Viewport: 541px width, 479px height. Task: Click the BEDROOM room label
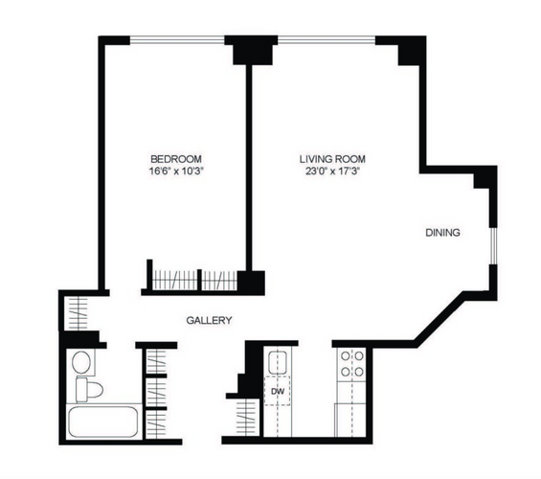pos(176,159)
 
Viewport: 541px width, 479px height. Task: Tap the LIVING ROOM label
pos(332,159)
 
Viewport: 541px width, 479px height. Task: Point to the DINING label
pos(442,233)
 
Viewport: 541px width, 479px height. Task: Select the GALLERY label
pos(209,321)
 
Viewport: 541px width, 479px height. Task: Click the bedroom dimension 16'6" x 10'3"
pos(176,171)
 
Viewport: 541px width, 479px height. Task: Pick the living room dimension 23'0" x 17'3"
pos(332,171)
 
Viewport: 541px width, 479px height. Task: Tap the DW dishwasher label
pos(278,392)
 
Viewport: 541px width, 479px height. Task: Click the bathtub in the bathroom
pos(103,422)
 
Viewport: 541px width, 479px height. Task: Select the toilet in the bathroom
pos(89,390)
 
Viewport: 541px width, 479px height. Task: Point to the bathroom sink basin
pos(81,362)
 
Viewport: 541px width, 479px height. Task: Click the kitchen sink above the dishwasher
pos(278,362)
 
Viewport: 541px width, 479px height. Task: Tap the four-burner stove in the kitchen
pos(352,364)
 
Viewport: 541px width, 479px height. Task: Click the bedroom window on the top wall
pos(177,40)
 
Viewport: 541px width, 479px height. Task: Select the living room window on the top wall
pos(327,40)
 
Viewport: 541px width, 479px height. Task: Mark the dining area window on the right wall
pos(493,245)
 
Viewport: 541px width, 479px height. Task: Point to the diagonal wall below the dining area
pos(440,319)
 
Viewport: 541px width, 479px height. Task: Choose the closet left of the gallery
pos(78,313)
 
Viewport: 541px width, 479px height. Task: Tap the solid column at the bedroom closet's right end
pos(251,282)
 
